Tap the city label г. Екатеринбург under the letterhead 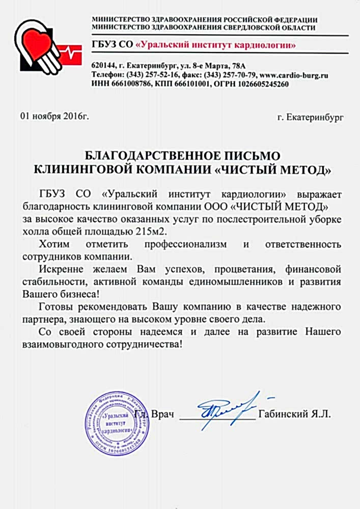pos(311,118)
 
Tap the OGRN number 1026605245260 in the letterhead pos(263,84)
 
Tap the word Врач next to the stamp pos(162,415)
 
